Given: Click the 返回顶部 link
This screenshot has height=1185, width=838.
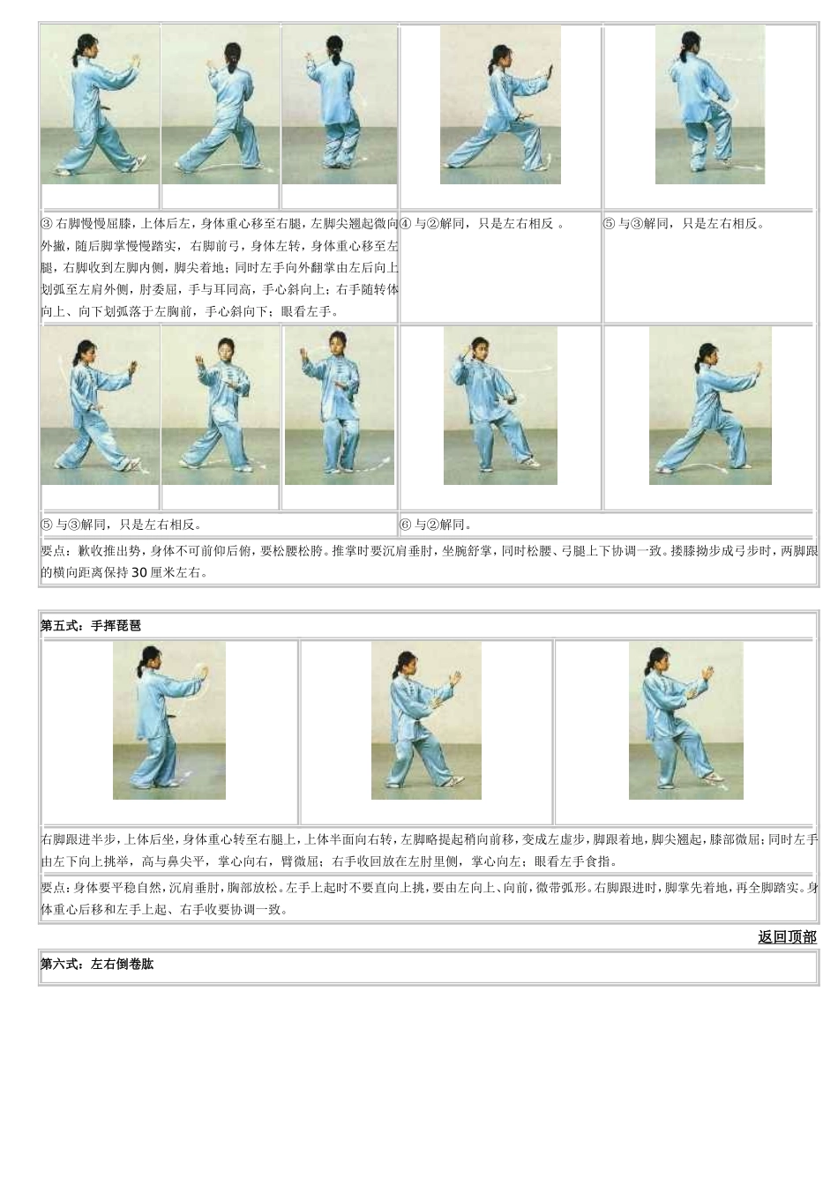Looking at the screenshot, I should (x=787, y=937).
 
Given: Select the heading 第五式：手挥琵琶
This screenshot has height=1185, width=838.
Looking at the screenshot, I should (x=91, y=626).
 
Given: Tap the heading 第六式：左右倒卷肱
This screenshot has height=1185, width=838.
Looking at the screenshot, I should (x=97, y=965).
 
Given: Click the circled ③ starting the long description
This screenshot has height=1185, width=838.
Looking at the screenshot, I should (x=47, y=224).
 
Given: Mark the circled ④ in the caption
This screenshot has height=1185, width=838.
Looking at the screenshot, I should (x=406, y=224).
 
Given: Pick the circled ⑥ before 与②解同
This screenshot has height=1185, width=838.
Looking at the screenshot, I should (x=406, y=525).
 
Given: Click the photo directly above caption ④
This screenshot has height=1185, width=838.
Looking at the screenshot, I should (x=500, y=105).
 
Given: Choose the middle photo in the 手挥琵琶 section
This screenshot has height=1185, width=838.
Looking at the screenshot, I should (x=426, y=721).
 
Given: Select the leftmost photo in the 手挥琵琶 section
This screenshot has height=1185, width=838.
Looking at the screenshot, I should (x=169, y=721).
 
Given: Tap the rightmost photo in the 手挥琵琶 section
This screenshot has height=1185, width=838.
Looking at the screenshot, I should (x=685, y=721).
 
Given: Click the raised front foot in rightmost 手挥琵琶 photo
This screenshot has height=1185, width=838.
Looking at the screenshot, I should (x=713, y=778).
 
